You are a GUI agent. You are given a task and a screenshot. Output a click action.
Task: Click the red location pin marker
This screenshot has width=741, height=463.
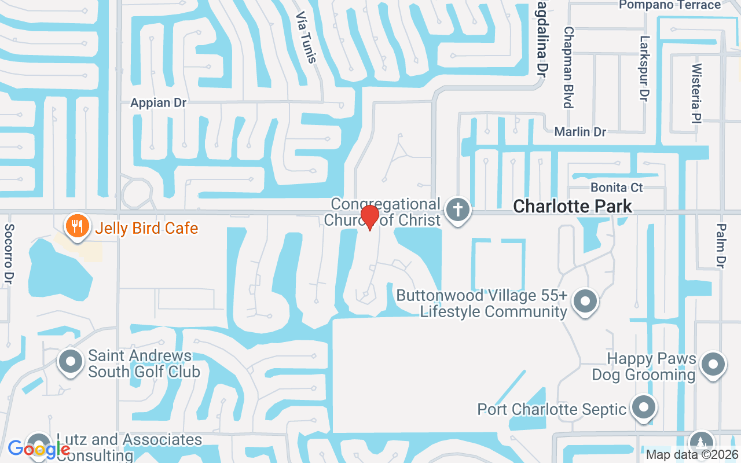click(369, 217)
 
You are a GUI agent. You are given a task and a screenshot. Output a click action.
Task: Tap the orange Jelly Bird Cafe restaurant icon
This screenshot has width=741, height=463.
click(76, 226)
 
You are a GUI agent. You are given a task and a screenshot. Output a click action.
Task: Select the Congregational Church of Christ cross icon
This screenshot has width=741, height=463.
click(458, 210)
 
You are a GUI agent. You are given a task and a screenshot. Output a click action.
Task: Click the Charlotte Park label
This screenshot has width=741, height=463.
click(572, 206)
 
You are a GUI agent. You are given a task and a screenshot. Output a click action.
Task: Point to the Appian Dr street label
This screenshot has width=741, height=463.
click(158, 103)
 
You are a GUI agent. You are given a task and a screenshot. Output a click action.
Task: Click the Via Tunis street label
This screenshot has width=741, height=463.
click(306, 38)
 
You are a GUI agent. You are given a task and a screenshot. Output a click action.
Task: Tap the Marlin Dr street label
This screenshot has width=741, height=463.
click(580, 132)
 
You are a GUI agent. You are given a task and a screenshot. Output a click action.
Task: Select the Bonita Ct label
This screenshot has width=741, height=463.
click(617, 188)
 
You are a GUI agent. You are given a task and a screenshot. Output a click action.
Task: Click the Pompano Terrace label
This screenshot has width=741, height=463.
click(670, 5)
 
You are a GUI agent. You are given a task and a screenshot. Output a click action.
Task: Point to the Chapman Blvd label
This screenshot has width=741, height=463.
click(568, 67)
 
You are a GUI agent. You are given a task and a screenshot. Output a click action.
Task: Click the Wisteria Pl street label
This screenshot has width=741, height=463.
click(696, 93)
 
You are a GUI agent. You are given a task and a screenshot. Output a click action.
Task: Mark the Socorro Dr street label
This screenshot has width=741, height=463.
click(10, 253)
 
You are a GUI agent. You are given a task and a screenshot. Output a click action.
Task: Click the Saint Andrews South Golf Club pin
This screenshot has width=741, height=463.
click(71, 362)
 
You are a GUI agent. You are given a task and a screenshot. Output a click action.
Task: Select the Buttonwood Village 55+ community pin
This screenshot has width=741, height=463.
click(584, 302)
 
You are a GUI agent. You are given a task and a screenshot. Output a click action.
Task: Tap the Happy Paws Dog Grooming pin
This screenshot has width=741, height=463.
click(713, 365)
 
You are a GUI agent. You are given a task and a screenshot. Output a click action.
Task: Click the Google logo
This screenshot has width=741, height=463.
click(39, 449)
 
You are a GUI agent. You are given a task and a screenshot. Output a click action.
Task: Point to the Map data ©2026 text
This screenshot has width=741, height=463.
click(691, 454)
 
